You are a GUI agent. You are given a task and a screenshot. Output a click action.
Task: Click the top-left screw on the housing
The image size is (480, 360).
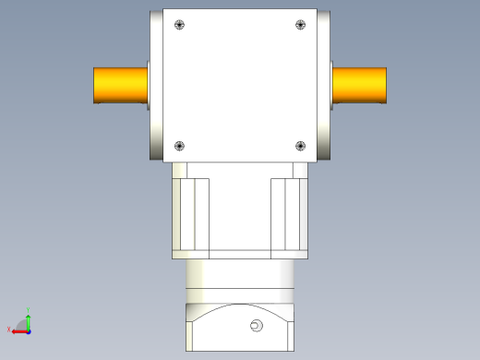coord(179,25)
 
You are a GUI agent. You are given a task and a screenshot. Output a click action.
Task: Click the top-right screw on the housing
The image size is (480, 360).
coord(300,25)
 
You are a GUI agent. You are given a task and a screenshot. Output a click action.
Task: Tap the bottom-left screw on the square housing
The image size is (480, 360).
coord(179,145)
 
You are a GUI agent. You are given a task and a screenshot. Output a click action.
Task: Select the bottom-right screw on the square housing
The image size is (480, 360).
coord(300,145)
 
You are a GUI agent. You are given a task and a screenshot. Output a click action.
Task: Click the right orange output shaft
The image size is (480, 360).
coord(360,86)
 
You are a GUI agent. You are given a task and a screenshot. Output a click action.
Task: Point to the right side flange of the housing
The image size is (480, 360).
coord(324,85)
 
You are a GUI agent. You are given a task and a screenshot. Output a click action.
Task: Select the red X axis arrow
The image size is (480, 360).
coord(18,330)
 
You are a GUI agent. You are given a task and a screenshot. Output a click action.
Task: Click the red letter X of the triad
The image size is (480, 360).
coord(8,330)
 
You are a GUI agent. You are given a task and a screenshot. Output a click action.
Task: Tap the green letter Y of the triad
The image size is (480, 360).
coord(30,309)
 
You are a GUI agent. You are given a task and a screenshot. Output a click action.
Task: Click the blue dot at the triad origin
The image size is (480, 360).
coord(29,330)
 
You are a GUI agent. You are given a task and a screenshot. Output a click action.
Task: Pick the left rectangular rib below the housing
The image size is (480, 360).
coord(197,214)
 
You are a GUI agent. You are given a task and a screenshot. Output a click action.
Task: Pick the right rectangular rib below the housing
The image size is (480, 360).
coord(284,214)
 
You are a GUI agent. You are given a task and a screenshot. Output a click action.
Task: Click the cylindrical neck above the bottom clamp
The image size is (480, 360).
coord(240,275)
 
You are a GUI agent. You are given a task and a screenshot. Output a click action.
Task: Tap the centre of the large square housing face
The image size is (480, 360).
coord(240,85)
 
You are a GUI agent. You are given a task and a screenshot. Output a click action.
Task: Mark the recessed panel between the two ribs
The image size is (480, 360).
coord(240,214)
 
